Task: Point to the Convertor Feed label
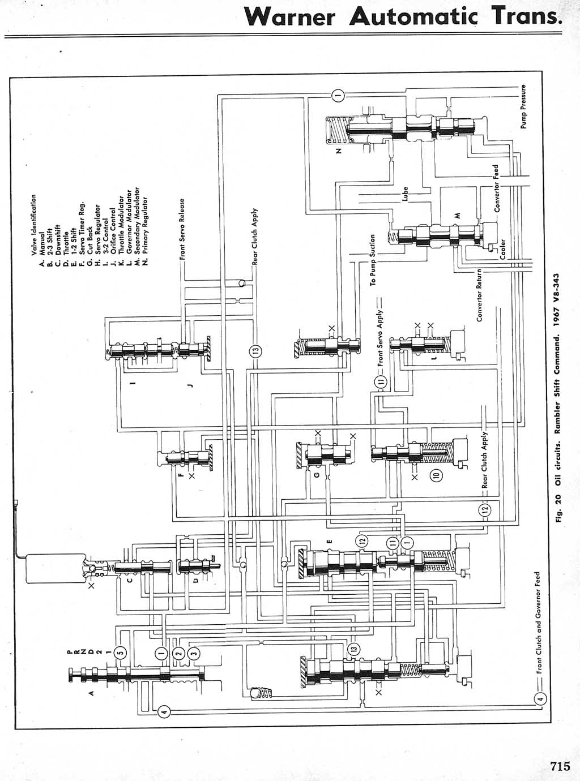pos(496,189)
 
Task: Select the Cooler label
pos(502,250)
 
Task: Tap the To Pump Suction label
pos(373,260)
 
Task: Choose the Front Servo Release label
pos(182,229)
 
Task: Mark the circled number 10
pos(436,475)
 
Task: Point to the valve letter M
pos(458,214)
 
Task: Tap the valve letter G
pos(316,474)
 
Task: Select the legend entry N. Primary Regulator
pos(146,232)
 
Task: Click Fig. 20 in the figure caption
pos(558,509)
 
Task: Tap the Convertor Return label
pos(479,294)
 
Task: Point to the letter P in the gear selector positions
pos(69,653)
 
